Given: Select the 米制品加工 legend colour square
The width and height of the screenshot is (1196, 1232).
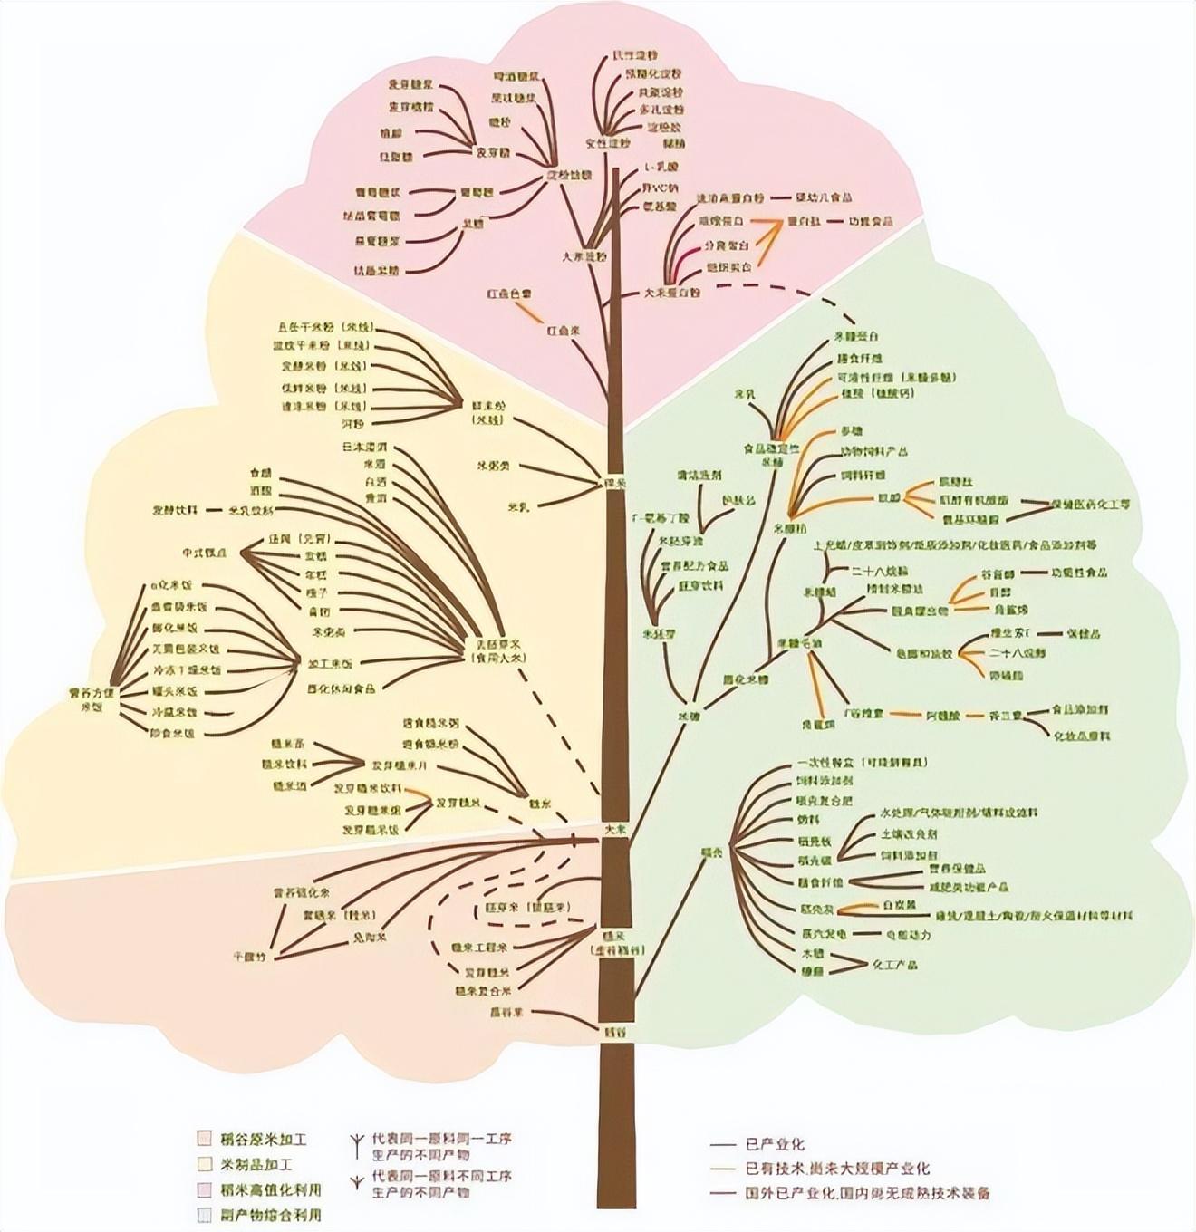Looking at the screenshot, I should point(205,1164).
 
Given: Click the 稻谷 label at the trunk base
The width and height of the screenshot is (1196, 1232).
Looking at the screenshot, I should point(615,1031).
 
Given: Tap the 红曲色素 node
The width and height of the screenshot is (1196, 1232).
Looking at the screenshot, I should point(508,294).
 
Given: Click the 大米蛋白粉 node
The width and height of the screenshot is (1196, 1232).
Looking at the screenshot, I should point(672,293).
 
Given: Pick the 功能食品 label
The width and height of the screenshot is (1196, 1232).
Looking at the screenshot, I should point(870,221).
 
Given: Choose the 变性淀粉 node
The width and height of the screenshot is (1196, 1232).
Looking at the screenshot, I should point(607,142).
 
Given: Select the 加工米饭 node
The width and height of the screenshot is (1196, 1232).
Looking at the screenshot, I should point(329,664).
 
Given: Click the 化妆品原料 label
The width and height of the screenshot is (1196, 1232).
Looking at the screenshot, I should point(1081,735).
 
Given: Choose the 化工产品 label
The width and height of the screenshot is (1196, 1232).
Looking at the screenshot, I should point(894,965).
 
